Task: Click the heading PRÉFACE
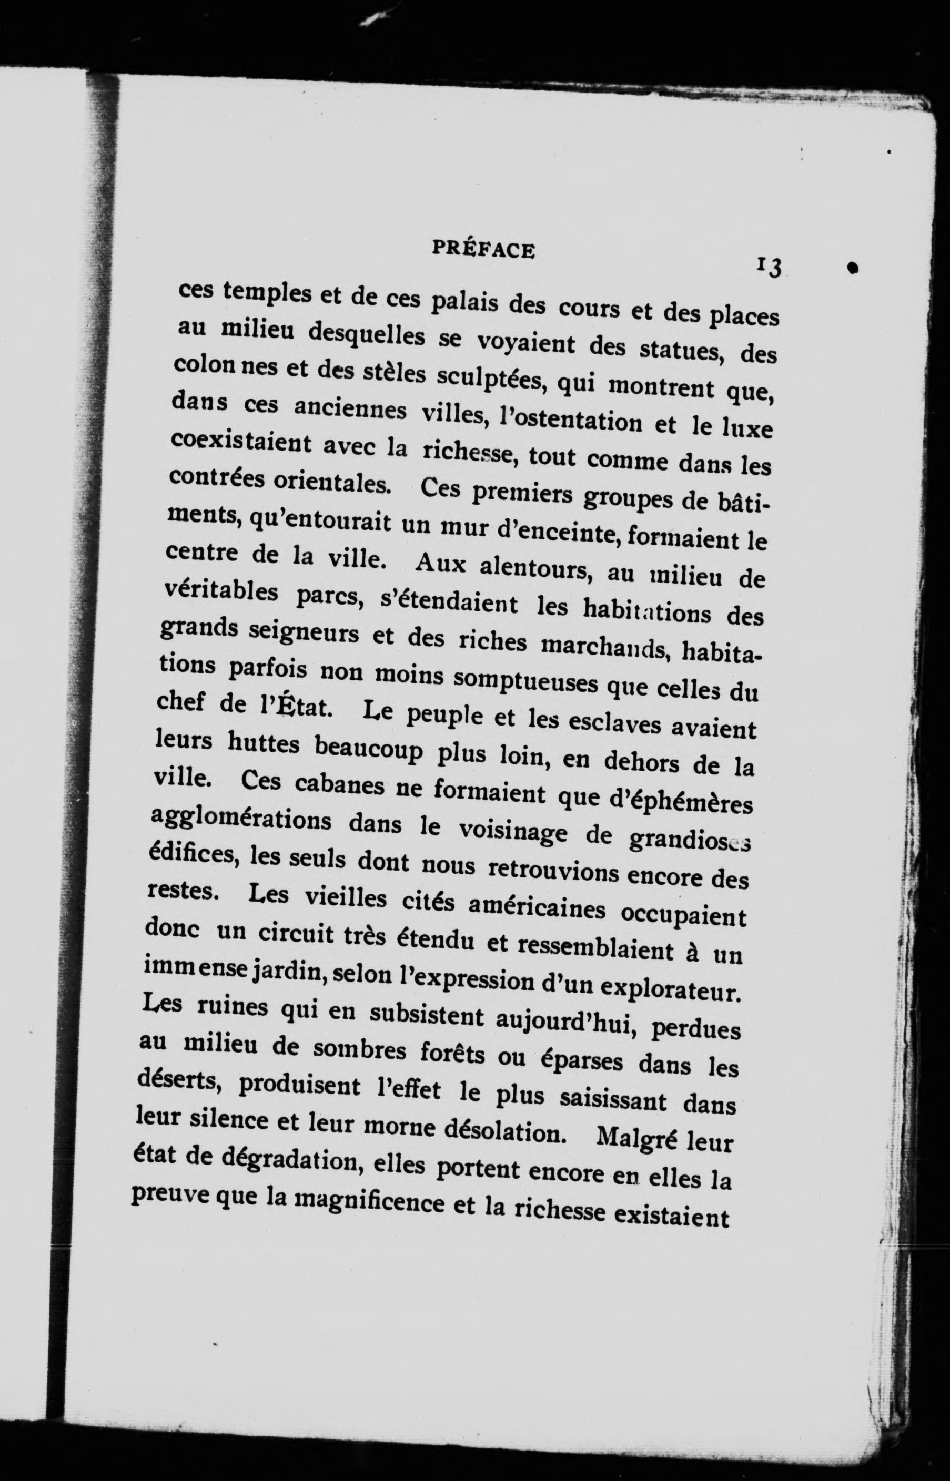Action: click(x=483, y=250)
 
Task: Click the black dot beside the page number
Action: click(x=853, y=267)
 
